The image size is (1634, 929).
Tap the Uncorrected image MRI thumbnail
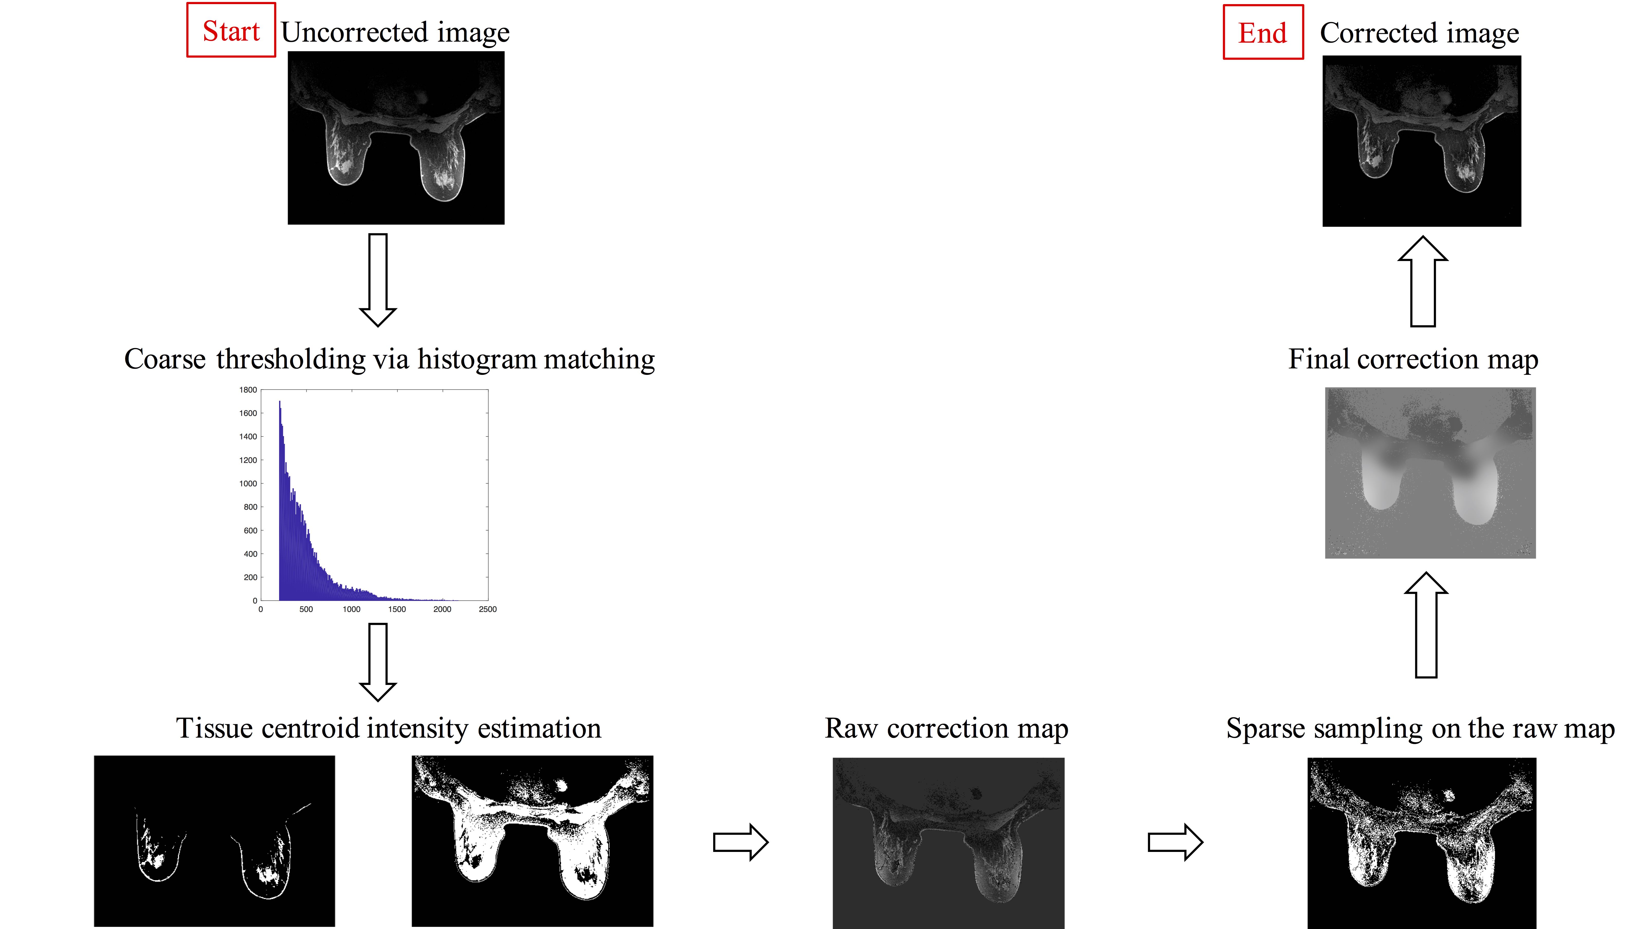coord(396,138)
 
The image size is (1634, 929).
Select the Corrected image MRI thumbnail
coord(1421,141)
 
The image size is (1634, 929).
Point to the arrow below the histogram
coord(378,662)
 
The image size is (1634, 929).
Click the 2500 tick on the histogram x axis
coord(488,609)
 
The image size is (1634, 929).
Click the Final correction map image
coord(1430,473)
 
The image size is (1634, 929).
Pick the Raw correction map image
coord(948,842)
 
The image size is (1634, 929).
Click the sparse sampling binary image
coord(1421,842)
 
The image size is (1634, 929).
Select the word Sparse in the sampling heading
coord(1265,728)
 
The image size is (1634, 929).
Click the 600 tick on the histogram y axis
coord(250,530)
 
